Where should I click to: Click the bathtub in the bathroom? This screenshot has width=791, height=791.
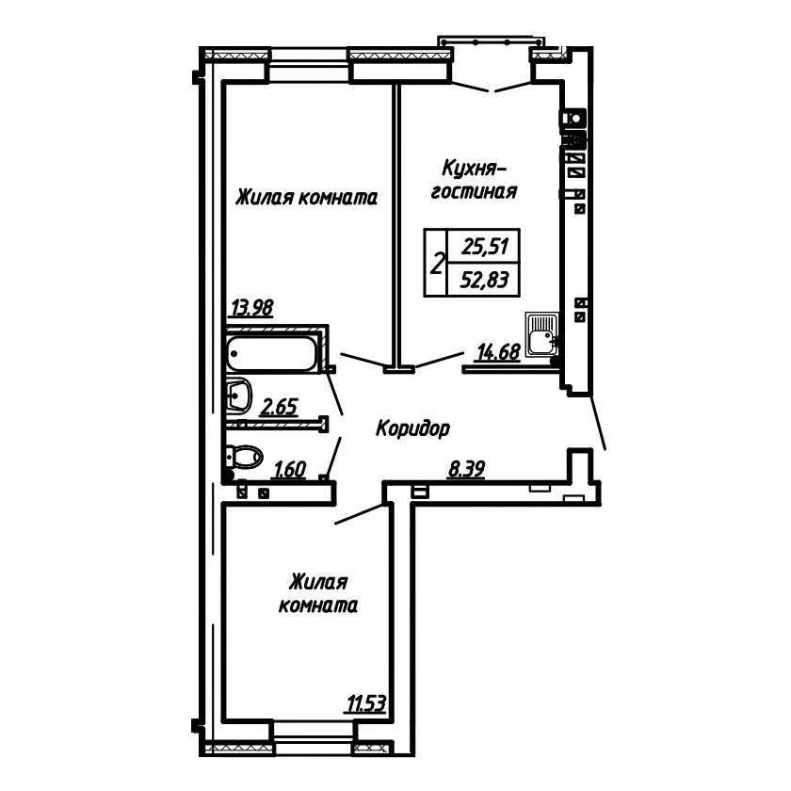point(272,353)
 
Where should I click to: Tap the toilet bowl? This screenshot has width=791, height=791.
point(245,457)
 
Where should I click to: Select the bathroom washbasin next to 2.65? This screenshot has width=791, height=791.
point(239,395)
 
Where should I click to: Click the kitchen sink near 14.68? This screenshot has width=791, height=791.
point(541,334)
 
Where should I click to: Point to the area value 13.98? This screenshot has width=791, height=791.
point(251,307)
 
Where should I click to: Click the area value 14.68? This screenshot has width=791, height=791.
point(498,351)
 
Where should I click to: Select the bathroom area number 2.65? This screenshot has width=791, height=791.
point(279,406)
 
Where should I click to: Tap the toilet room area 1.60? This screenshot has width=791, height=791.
point(290,469)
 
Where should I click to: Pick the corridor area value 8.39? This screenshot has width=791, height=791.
point(467,469)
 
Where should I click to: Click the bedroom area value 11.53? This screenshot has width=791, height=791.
point(365,703)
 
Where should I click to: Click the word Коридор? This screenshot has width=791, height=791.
point(412,429)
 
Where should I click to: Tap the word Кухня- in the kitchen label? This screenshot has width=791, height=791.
point(474,169)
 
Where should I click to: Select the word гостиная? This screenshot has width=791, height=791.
point(475,192)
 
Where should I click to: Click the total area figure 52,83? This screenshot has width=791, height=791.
point(484,279)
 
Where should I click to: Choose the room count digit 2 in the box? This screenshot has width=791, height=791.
point(437,264)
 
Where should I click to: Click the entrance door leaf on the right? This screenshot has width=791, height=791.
point(598,421)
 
